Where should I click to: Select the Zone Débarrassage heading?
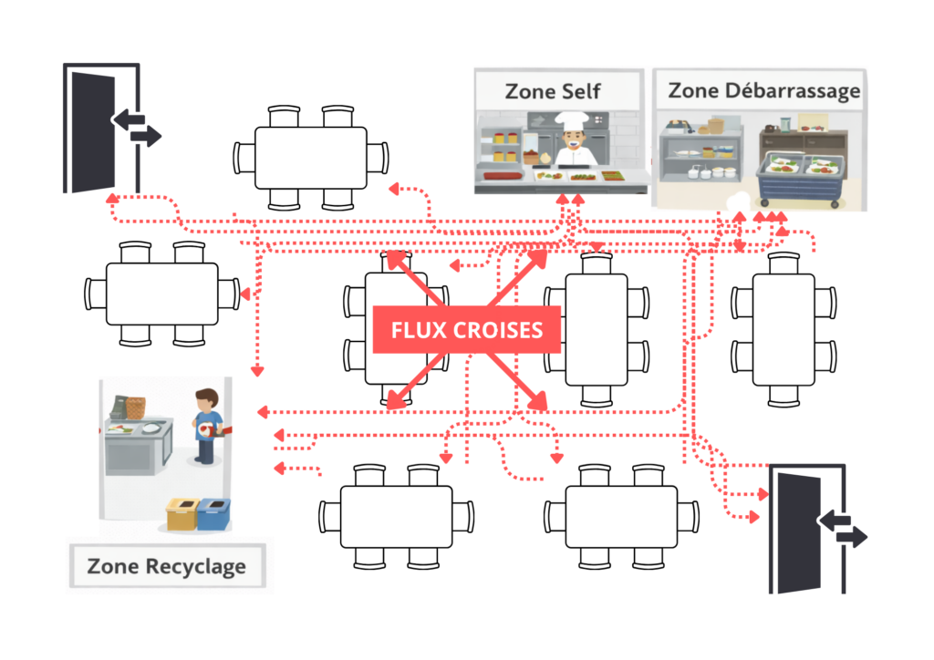tap(763, 91)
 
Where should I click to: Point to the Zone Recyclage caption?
tap(167, 566)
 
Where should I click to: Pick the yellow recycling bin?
tap(182, 515)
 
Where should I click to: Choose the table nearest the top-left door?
tap(310, 157)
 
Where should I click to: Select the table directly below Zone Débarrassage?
tap(783, 328)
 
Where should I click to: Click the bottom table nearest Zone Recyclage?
tap(396, 516)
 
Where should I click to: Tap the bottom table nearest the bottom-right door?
tap(621, 516)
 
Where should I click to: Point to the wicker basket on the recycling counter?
tap(134, 407)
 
